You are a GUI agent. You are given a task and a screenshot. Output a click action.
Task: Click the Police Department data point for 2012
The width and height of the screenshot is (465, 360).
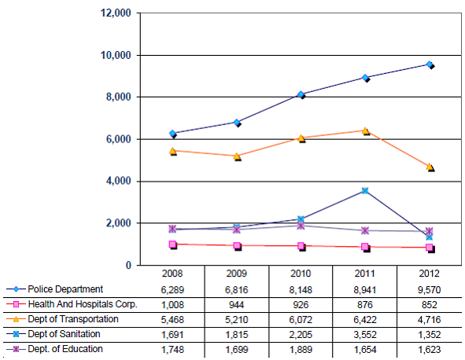429,64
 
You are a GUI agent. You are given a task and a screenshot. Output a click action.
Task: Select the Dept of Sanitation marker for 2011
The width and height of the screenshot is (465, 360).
365,190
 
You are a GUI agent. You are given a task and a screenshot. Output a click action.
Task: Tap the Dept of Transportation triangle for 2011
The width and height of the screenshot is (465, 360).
365,130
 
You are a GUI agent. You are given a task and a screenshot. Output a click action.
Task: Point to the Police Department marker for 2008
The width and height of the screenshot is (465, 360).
172,134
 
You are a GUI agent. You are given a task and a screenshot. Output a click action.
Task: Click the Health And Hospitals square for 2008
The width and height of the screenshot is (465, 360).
172,244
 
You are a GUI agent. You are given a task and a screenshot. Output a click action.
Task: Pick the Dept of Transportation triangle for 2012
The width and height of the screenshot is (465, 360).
430,167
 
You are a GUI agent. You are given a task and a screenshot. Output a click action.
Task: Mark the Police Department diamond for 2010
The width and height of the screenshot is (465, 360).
301,94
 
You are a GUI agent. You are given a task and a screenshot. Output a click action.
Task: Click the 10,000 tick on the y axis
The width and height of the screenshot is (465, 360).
116,55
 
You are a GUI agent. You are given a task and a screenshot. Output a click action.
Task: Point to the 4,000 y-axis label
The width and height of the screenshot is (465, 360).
119,181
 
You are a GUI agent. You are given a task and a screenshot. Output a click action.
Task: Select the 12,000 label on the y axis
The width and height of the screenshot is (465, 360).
116,13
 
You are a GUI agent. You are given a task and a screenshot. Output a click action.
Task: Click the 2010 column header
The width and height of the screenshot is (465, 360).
301,274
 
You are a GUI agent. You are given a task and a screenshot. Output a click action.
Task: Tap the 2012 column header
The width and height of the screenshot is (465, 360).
429,274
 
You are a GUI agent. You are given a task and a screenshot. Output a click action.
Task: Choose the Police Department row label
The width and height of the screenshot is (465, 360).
65,289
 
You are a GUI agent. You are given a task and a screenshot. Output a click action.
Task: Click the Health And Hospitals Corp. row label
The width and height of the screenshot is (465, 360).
83,304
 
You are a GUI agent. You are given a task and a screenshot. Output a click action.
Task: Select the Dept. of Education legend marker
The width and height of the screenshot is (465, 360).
16,349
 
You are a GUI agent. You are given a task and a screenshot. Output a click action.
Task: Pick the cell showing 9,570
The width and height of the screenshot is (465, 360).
429,289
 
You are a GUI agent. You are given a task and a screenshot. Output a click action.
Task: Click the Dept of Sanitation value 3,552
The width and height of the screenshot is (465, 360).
365,335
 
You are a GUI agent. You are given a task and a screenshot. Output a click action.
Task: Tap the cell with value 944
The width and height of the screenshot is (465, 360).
237,305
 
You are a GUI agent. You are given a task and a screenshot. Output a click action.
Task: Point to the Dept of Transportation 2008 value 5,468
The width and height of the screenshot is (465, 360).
172,320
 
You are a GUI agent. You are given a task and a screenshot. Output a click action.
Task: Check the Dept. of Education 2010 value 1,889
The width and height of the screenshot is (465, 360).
301,350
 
